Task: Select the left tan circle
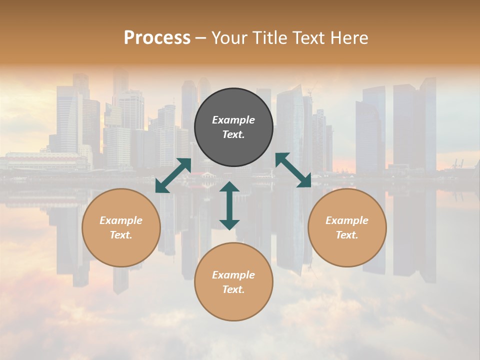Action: click(121, 228)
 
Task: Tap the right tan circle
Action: click(347, 228)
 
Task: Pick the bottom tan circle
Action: click(233, 282)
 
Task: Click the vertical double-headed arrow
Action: click(229, 205)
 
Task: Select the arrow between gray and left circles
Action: click(173, 175)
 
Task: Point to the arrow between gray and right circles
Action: click(293, 170)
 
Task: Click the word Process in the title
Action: click(157, 37)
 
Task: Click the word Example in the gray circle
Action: click(233, 120)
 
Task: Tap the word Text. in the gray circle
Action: click(233, 135)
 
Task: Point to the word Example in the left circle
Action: click(121, 220)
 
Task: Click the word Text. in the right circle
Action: click(347, 235)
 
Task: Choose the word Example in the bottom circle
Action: click(233, 275)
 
